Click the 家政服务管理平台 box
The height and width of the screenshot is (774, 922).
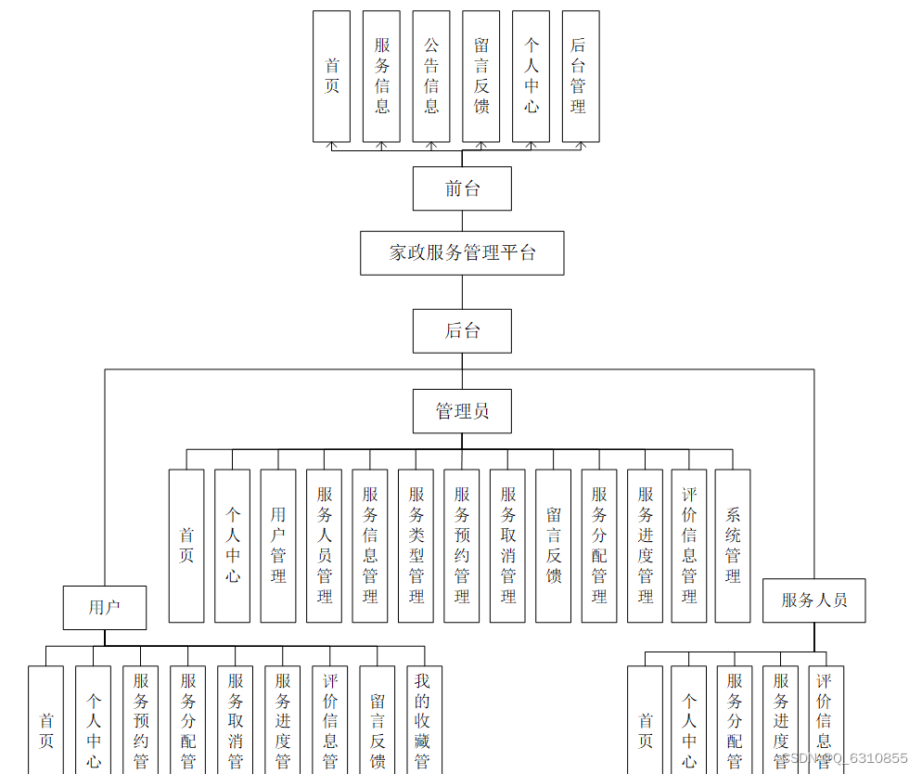click(462, 252)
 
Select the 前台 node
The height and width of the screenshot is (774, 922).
click(462, 188)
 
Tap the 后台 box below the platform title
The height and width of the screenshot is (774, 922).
click(462, 330)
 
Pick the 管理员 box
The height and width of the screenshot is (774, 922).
click(462, 411)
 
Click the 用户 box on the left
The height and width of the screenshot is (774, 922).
click(105, 608)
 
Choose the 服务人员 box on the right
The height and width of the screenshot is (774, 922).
click(814, 600)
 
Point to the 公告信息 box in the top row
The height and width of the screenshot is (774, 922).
click(431, 76)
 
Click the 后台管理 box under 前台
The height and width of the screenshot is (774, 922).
click(581, 76)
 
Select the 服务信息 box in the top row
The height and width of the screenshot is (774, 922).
click(381, 76)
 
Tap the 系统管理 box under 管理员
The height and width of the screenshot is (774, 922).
click(733, 546)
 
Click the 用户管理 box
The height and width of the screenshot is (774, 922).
click(278, 546)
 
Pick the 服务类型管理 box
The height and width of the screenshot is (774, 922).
click(416, 546)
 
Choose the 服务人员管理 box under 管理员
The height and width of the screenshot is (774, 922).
click(324, 546)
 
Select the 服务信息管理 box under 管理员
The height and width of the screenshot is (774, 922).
click(370, 546)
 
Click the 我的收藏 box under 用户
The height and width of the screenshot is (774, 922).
click(424, 719)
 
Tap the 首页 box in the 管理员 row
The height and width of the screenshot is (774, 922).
click(186, 546)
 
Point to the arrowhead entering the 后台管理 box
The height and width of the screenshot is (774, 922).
click(581, 145)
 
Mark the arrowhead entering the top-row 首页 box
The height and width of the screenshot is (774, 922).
click(331, 145)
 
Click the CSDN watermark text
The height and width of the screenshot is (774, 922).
click(844, 759)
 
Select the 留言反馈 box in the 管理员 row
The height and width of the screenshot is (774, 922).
click(553, 546)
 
